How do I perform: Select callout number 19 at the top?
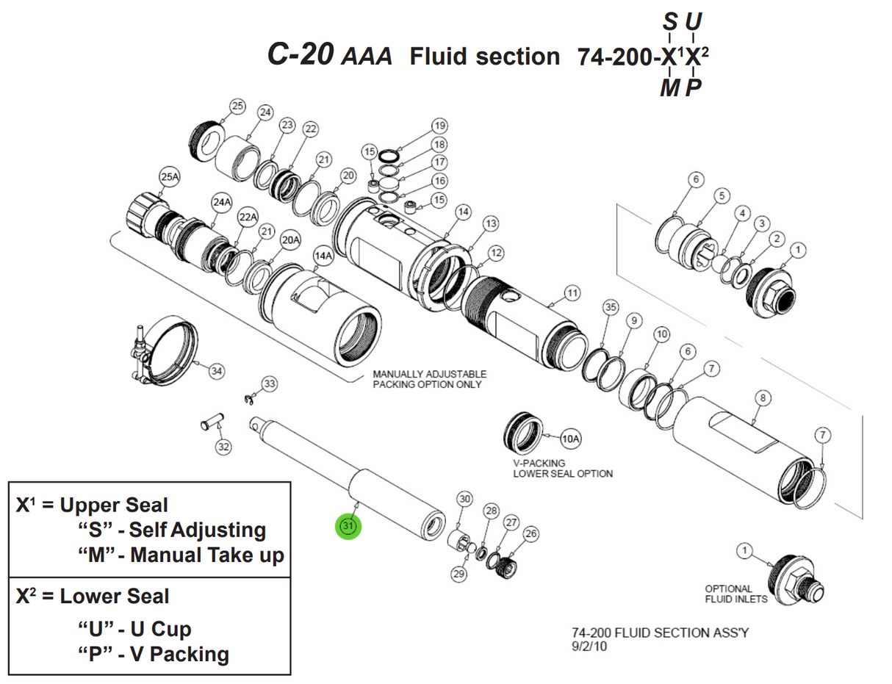(439, 125)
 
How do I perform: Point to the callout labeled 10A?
(571, 439)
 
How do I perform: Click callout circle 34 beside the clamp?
(216, 371)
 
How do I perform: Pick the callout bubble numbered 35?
(610, 306)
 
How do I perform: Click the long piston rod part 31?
(345, 474)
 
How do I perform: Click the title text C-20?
(301, 54)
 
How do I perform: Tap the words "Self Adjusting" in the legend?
(197, 530)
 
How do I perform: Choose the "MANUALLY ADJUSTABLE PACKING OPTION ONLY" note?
(429, 379)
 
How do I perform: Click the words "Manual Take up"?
(206, 555)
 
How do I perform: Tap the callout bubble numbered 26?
(531, 533)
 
